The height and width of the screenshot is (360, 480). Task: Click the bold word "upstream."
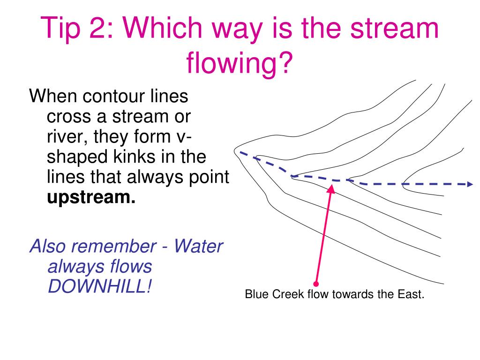tap(91, 198)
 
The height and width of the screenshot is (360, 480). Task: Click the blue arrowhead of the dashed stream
tap(470, 184)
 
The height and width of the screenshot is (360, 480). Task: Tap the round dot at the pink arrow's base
tap(316, 284)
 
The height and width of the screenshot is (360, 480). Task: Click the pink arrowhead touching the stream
tap(332, 188)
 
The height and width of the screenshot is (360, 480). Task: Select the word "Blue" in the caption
tap(255, 295)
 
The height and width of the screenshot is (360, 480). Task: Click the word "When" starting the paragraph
tap(52, 97)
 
